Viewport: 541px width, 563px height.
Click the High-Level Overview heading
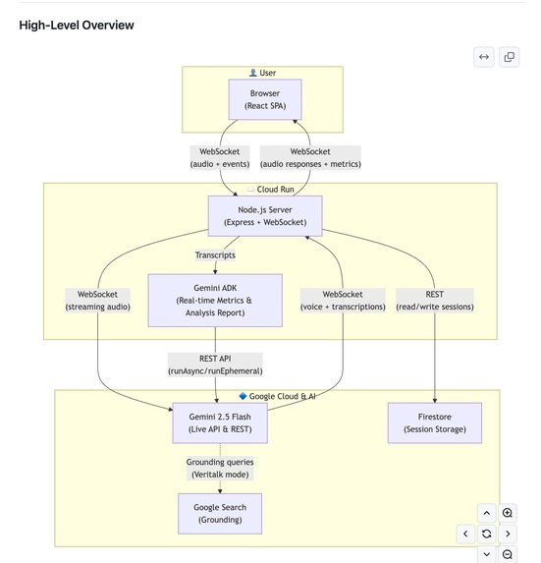77,25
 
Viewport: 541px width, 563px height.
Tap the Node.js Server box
265,216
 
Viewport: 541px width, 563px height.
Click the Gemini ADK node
215,300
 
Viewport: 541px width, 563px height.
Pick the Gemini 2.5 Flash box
220,422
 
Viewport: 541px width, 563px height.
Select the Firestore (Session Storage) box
434,422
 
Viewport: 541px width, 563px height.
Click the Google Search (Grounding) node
220,514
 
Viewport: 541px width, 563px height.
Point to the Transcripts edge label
215,255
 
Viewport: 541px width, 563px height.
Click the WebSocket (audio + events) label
220,158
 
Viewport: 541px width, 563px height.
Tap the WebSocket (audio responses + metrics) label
311,158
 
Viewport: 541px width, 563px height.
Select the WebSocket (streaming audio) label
98,301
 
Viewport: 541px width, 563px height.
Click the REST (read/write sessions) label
434,301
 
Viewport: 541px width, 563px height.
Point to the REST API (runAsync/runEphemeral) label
215,365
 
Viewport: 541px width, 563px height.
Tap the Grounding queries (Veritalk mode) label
220,468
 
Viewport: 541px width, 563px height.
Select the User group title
262,73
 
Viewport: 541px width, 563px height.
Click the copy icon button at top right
510,57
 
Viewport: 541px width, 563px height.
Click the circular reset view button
486,534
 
